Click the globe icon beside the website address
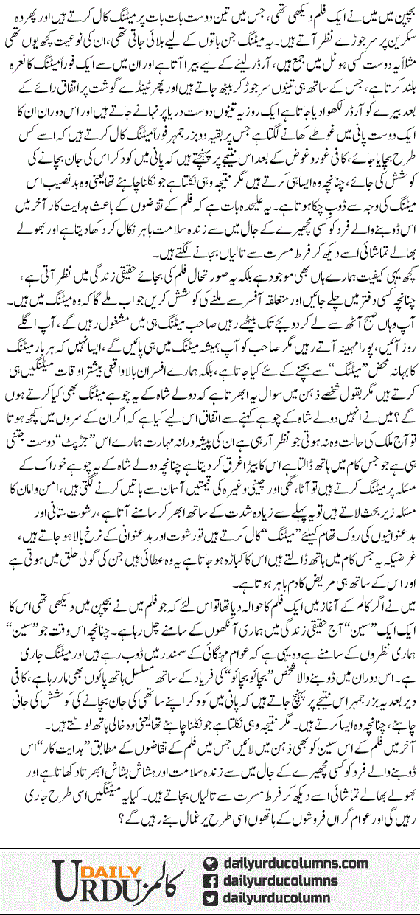[211, 859]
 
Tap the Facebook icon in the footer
[211, 877]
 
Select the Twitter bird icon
[211, 896]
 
